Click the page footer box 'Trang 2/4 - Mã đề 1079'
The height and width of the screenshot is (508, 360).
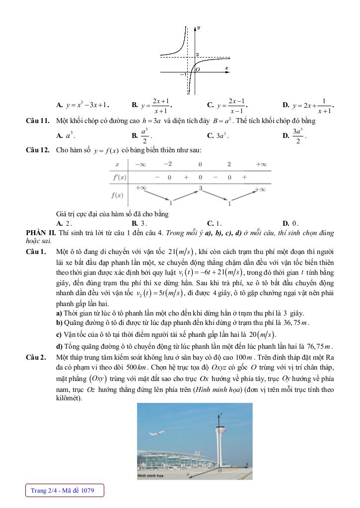65,491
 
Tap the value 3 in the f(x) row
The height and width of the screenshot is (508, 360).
200,188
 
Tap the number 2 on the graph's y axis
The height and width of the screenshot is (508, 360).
197,54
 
